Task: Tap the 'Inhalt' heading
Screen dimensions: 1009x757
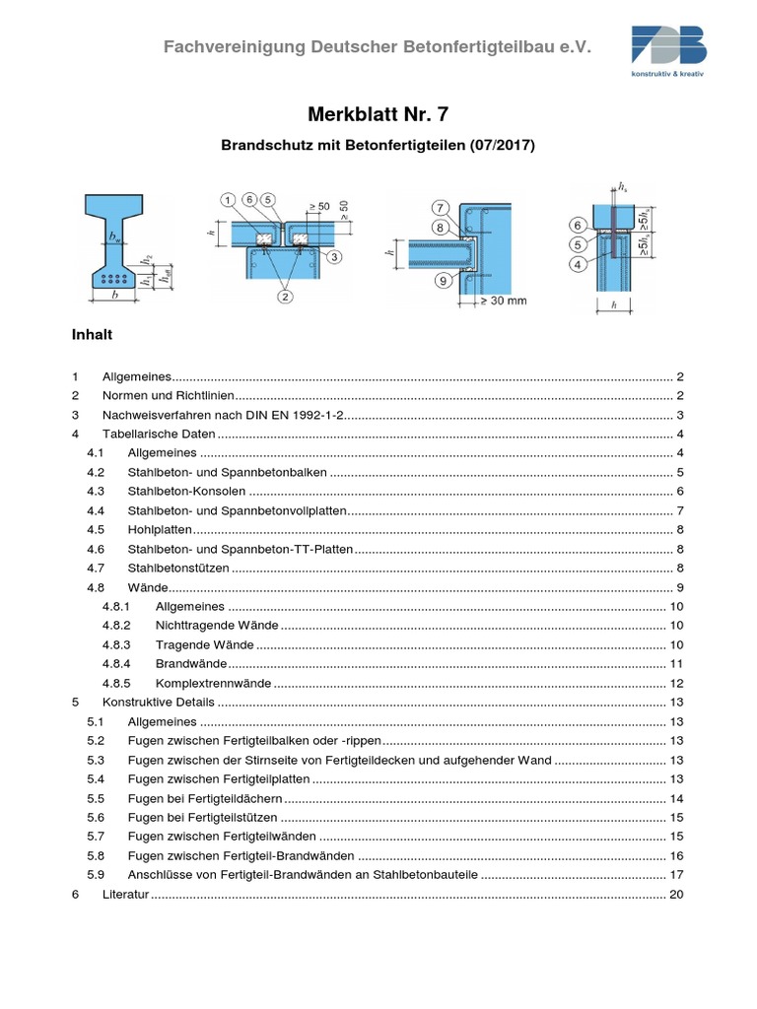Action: pyautogui.click(x=93, y=334)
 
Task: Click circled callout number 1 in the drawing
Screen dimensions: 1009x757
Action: pyautogui.click(x=229, y=201)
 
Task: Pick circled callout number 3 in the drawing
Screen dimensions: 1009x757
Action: pyautogui.click(x=334, y=257)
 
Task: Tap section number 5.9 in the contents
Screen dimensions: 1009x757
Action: pyautogui.click(x=96, y=874)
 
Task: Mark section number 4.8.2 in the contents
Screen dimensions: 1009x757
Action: pyautogui.click(x=116, y=625)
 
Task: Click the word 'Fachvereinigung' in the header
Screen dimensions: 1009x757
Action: pyautogui.click(x=223, y=46)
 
